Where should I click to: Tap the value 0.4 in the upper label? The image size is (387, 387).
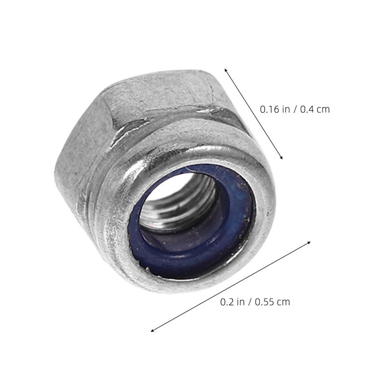pyautogui.click(x=307, y=109)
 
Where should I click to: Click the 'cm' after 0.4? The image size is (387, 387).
pyautogui.click(x=323, y=110)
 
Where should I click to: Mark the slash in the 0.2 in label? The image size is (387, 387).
pyautogui.click(x=250, y=302)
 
